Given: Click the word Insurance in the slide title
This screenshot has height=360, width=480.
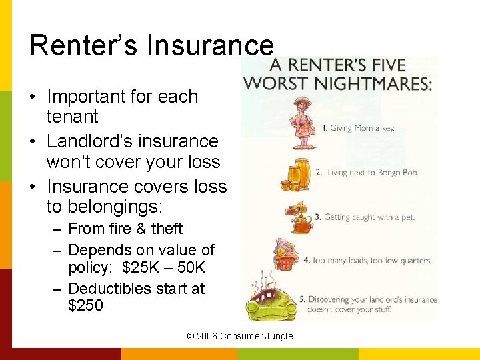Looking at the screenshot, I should click(x=210, y=45).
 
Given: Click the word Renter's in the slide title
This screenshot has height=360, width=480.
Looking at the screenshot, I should click(x=84, y=45).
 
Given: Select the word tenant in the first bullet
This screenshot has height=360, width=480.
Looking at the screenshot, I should click(x=72, y=117).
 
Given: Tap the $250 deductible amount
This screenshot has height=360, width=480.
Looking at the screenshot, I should click(x=85, y=305).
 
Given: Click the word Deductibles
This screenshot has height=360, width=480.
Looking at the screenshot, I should click(x=112, y=289).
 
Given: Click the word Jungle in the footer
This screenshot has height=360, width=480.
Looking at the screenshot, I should click(x=279, y=336).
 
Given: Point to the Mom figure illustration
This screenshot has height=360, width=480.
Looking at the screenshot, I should click(x=303, y=124).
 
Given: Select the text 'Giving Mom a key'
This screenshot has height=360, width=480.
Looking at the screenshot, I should click(x=357, y=128).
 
